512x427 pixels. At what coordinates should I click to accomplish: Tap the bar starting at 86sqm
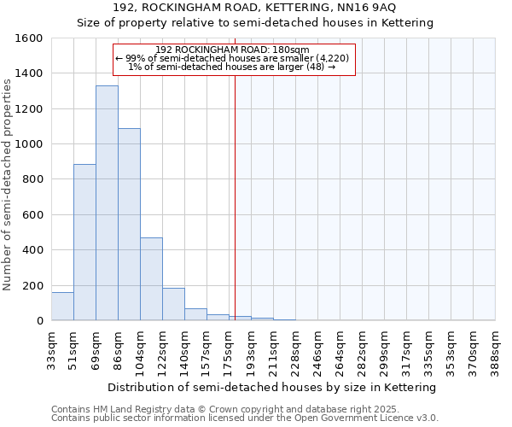[129, 225]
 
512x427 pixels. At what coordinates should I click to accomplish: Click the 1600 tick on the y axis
[31, 38]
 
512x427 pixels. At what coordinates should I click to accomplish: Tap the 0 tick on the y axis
[40, 321]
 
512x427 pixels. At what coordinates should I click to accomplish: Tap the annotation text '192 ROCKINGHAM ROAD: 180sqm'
[233, 50]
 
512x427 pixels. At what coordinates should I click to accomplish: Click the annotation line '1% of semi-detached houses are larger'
[231, 67]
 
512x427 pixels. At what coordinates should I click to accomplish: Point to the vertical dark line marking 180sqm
[235, 196]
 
